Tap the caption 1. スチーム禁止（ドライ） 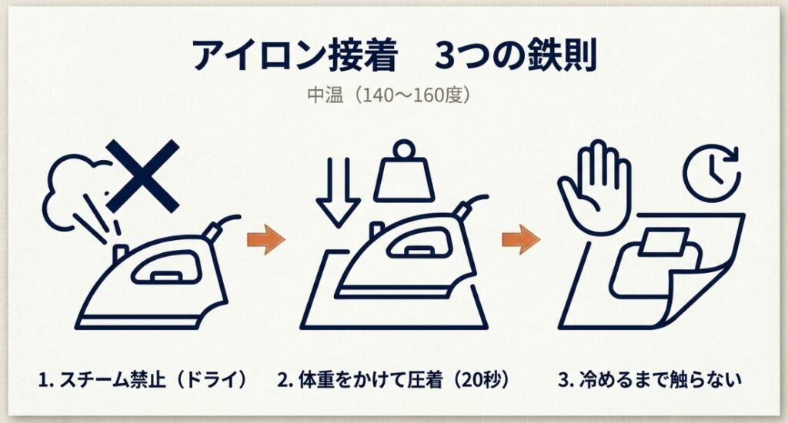click(x=145, y=380)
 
